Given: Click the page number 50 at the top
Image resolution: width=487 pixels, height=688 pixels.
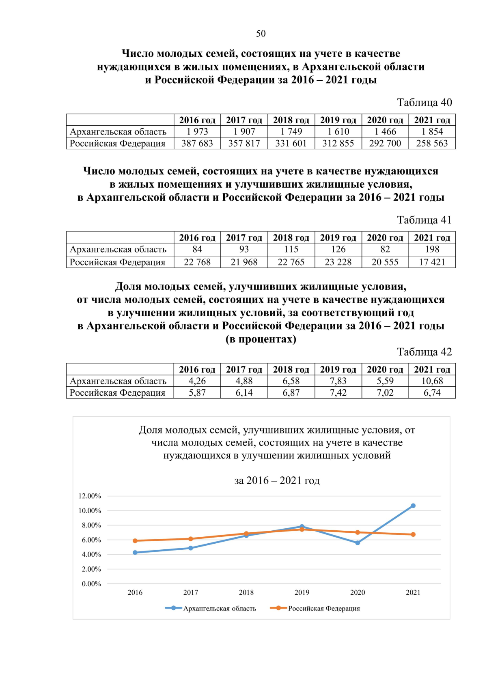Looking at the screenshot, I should (x=261, y=34).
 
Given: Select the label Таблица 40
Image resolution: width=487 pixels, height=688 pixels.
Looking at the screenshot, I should (x=424, y=103).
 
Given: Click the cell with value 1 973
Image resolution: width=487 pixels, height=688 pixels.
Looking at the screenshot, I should (x=197, y=132).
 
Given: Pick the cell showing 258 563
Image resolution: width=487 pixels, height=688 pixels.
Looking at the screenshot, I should (x=432, y=144).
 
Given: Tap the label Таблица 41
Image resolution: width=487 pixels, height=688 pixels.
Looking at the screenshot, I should (x=424, y=220).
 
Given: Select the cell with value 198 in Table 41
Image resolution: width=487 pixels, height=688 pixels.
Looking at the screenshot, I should (x=432, y=249).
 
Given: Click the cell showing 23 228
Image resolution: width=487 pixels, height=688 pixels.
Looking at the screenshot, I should (x=338, y=262).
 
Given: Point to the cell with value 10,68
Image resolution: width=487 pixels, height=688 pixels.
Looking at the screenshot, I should (x=432, y=381).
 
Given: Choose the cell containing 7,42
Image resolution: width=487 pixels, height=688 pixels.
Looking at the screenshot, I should (x=338, y=393).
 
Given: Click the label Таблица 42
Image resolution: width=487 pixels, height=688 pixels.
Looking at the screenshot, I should (x=424, y=352).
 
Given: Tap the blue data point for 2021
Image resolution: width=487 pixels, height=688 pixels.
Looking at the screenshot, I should (x=413, y=506).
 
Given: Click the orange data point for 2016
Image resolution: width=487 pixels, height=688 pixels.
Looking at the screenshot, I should (x=135, y=541).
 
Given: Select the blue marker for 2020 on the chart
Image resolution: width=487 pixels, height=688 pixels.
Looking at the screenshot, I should (x=358, y=543).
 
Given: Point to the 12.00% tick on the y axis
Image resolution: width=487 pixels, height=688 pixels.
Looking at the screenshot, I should (x=90, y=496).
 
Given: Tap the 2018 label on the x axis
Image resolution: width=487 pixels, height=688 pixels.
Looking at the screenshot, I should (x=246, y=593).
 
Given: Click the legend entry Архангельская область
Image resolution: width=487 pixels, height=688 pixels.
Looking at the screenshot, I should (x=219, y=609).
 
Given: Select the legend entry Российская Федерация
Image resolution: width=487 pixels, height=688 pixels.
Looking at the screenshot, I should (x=323, y=609).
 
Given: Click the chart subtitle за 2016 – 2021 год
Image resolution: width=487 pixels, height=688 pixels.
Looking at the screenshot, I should (x=277, y=481).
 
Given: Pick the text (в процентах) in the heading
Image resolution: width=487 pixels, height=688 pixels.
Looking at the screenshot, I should (x=261, y=339).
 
